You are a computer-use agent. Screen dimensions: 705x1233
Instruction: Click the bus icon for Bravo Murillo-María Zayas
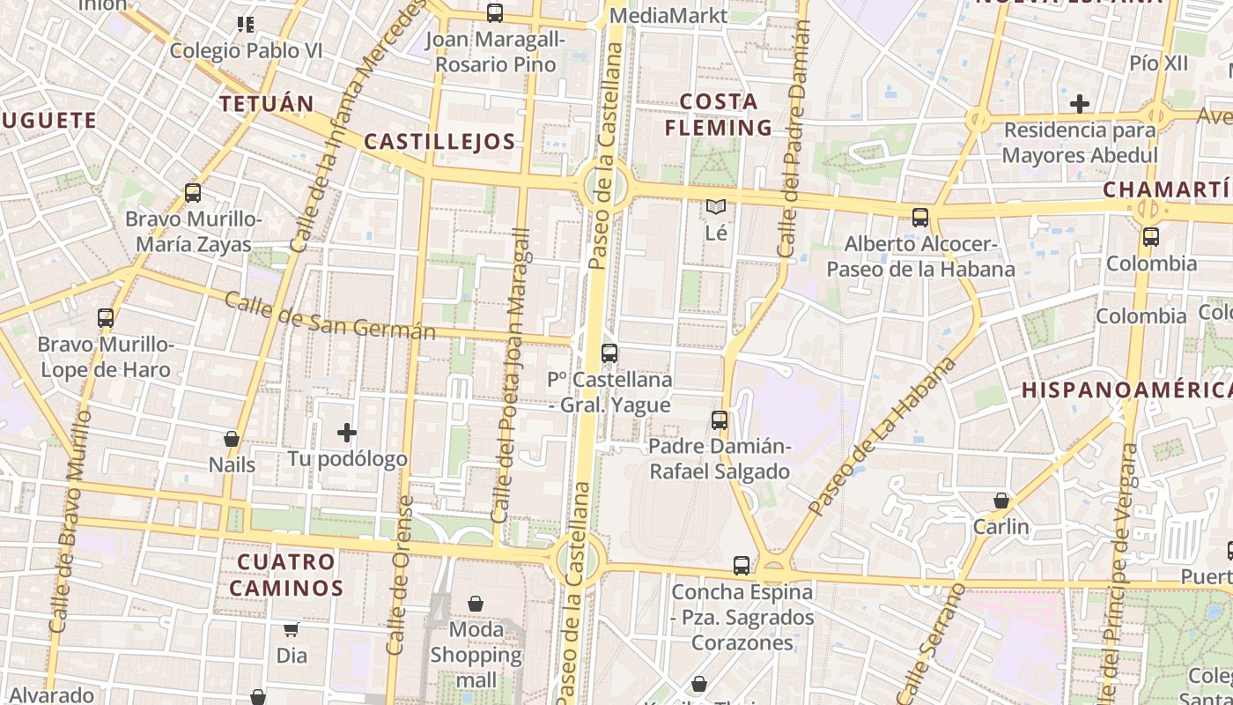(193, 193)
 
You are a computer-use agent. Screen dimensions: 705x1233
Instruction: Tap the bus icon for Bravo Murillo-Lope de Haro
(106, 318)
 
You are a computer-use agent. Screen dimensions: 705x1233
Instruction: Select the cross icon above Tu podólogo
(347, 433)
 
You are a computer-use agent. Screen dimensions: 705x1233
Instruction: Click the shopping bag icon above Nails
(232, 439)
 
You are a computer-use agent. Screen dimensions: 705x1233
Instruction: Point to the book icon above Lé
(716, 208)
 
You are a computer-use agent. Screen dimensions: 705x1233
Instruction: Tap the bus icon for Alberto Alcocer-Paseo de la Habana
(920, 218)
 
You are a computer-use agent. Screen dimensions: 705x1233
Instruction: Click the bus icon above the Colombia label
(1150, 237)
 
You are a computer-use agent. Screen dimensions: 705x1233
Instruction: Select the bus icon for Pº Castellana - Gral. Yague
(609, 353)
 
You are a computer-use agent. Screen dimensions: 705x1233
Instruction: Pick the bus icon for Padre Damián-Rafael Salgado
(720, 420)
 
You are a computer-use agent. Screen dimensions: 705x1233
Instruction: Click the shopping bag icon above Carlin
(1001, 501)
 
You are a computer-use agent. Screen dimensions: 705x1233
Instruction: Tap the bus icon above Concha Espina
(742, 566)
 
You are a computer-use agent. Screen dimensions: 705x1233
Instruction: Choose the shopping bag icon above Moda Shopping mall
(476, 604)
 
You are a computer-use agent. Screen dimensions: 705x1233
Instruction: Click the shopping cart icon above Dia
(292, 629)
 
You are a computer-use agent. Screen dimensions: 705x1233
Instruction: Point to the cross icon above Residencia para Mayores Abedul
(1080, 104)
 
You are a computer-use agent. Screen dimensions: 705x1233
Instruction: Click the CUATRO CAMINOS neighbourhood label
(290, 575)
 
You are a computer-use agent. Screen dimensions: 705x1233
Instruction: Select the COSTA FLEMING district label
(719, 115)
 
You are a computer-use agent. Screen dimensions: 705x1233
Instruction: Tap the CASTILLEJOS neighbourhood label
(439, 141)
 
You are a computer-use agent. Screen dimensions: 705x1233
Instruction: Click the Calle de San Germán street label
(330, 316)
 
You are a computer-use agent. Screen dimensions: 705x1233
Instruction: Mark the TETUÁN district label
(267, 104)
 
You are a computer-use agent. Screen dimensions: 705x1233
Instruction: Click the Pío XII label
(1159, 63)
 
